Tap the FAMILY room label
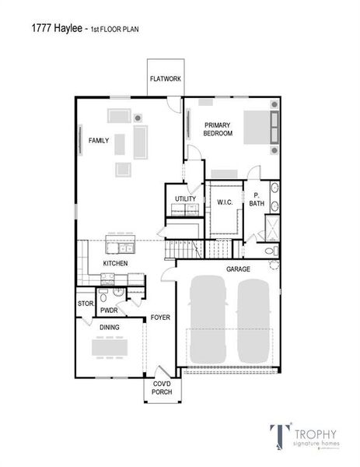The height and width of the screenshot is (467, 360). click(x=98, y=140)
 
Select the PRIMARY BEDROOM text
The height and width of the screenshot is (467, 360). click(x=218, y=129)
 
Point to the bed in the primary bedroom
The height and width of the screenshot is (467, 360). click(x=257, y=127)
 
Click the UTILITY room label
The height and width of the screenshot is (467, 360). click(x=185, y=199)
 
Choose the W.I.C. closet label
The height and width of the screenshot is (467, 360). click(x=225, y=202)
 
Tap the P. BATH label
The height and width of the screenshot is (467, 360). click(x=256, y=200)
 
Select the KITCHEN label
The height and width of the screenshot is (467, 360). click(x=115, y=263)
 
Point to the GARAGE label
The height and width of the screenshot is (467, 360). click(x=238, y=269)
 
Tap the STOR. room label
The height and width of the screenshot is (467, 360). click(x=85, y=304)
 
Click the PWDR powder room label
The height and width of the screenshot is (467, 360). click(x=109, y=311)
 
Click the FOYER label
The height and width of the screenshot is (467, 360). click(x=160, y=318)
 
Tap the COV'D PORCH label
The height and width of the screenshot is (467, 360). click(x=161, y=387)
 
